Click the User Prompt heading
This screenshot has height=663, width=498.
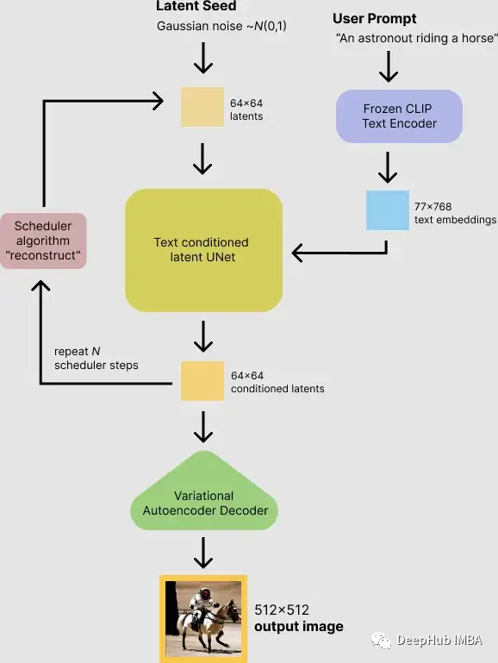coord(374,18)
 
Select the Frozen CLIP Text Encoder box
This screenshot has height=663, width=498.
coord(399,116)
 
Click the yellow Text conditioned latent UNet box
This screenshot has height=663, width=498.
coord(203,250)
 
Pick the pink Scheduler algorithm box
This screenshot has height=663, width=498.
coord(43,241)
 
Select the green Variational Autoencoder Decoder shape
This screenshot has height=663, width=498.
coord(203,503)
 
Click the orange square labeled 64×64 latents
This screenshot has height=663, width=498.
coord(202,109)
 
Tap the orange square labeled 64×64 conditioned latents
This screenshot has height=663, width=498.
coord(202,381)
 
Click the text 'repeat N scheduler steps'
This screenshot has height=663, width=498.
coord(95,358)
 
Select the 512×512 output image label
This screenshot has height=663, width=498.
coord(298,618)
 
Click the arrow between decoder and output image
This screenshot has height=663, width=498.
coord(203,552)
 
